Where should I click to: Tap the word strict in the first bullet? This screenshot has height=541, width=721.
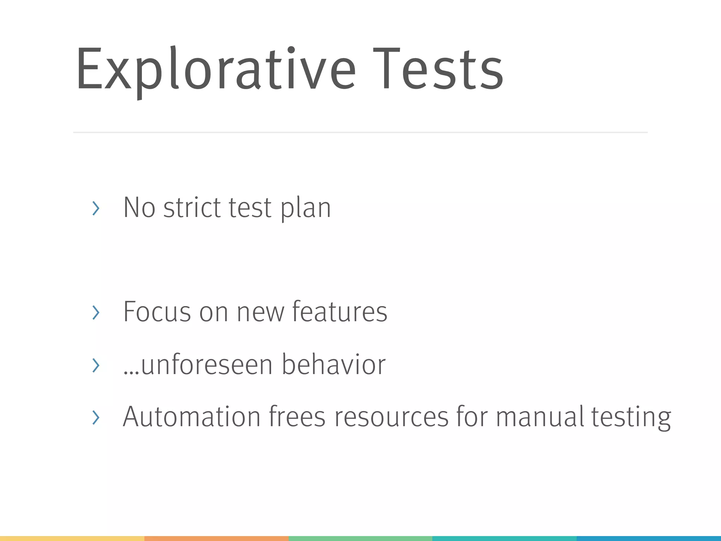192,208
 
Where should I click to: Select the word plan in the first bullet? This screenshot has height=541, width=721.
306,209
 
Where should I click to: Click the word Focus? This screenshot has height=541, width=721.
157,312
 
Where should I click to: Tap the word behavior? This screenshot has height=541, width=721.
333,365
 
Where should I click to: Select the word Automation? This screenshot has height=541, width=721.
191,417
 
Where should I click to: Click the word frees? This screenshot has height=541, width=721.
297,417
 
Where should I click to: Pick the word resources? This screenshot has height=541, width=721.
391,417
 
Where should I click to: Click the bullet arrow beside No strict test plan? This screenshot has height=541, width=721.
95,208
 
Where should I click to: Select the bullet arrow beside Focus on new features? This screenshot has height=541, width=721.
95,312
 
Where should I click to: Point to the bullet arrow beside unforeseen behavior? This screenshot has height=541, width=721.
95,365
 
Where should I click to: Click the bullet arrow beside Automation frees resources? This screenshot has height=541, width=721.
95,417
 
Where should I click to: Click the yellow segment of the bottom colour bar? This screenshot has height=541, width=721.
72,539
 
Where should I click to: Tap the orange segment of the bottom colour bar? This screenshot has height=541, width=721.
216,539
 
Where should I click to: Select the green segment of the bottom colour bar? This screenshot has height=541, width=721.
360,539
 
